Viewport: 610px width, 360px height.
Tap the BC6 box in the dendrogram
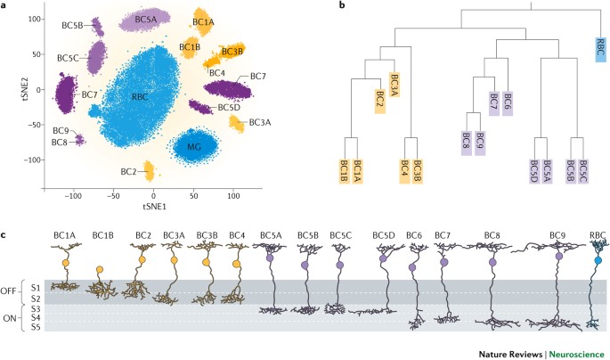(507, 103)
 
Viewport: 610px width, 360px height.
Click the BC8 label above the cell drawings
(492, 234)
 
